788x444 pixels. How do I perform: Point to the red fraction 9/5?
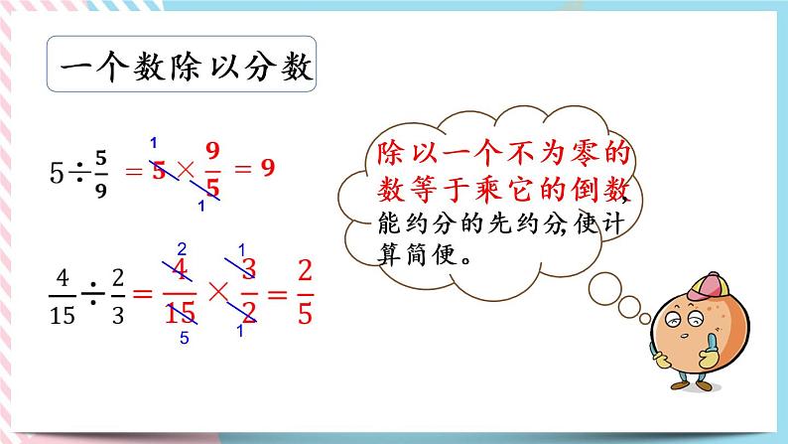pyautogui.click(x=210, y=170)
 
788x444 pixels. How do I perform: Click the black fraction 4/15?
pyautogui.click(x=63, y=294)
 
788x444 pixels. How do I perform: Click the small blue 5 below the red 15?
pyautogui.click(x=183, y=337)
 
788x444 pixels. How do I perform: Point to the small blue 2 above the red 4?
pyautogui.click(x=181, y=249)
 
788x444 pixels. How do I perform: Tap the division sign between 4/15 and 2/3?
pyautogui.click(x=91, y=294)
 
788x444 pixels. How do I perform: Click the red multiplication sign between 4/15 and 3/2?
pyautogui.click(x=215, y=294)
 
